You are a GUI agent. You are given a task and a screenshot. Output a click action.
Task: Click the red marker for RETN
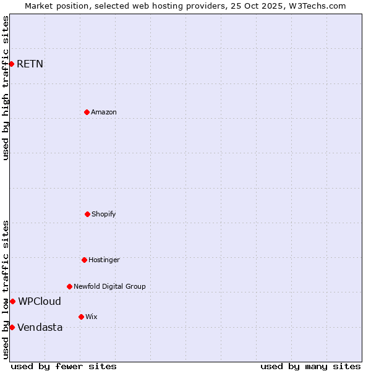11,64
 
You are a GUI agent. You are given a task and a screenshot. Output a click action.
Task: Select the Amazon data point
87,112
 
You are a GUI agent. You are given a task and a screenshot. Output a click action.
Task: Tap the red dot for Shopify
87,214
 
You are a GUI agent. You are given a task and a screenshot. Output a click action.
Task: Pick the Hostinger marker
84,260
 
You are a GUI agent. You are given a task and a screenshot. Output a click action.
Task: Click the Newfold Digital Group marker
69,286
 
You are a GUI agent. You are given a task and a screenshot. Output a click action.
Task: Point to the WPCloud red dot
12,301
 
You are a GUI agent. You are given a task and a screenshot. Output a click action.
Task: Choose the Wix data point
81,317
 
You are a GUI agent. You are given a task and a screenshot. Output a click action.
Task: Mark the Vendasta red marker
12,327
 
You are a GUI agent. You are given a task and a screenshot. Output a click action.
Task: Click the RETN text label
30,64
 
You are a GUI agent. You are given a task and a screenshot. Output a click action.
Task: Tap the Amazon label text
103,112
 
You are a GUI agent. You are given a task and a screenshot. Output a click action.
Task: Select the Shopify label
103,214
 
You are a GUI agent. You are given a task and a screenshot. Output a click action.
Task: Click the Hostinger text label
104,260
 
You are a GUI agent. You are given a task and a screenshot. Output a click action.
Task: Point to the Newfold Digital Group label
109,286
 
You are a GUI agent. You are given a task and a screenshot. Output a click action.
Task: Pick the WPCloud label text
40,301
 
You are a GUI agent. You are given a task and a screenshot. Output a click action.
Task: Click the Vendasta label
40,327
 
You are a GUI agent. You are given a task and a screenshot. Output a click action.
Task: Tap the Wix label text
91,317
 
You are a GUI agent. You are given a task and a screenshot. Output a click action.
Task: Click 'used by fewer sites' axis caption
64,366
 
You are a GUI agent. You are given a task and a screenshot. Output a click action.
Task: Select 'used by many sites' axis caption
310,366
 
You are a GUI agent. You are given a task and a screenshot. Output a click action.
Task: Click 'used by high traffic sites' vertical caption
6,88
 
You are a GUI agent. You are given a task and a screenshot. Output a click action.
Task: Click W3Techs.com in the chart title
315,6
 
